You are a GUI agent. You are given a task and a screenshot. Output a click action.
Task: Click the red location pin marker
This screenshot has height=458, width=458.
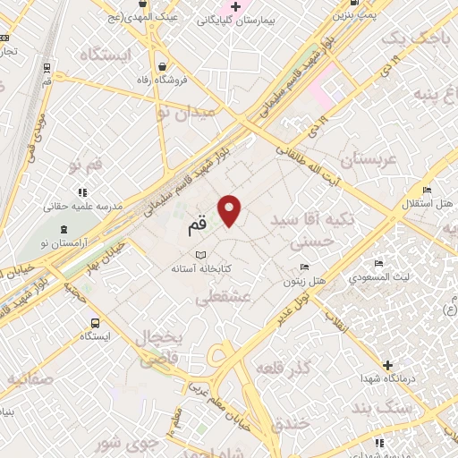231,209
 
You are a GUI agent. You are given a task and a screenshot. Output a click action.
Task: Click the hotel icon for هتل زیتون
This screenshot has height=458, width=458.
304,267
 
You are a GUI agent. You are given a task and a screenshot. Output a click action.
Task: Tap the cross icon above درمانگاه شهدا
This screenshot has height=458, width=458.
386,365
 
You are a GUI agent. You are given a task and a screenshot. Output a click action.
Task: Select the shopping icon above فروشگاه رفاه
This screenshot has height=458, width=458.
161,66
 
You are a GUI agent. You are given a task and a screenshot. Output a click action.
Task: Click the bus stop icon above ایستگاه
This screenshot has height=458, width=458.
94,323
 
